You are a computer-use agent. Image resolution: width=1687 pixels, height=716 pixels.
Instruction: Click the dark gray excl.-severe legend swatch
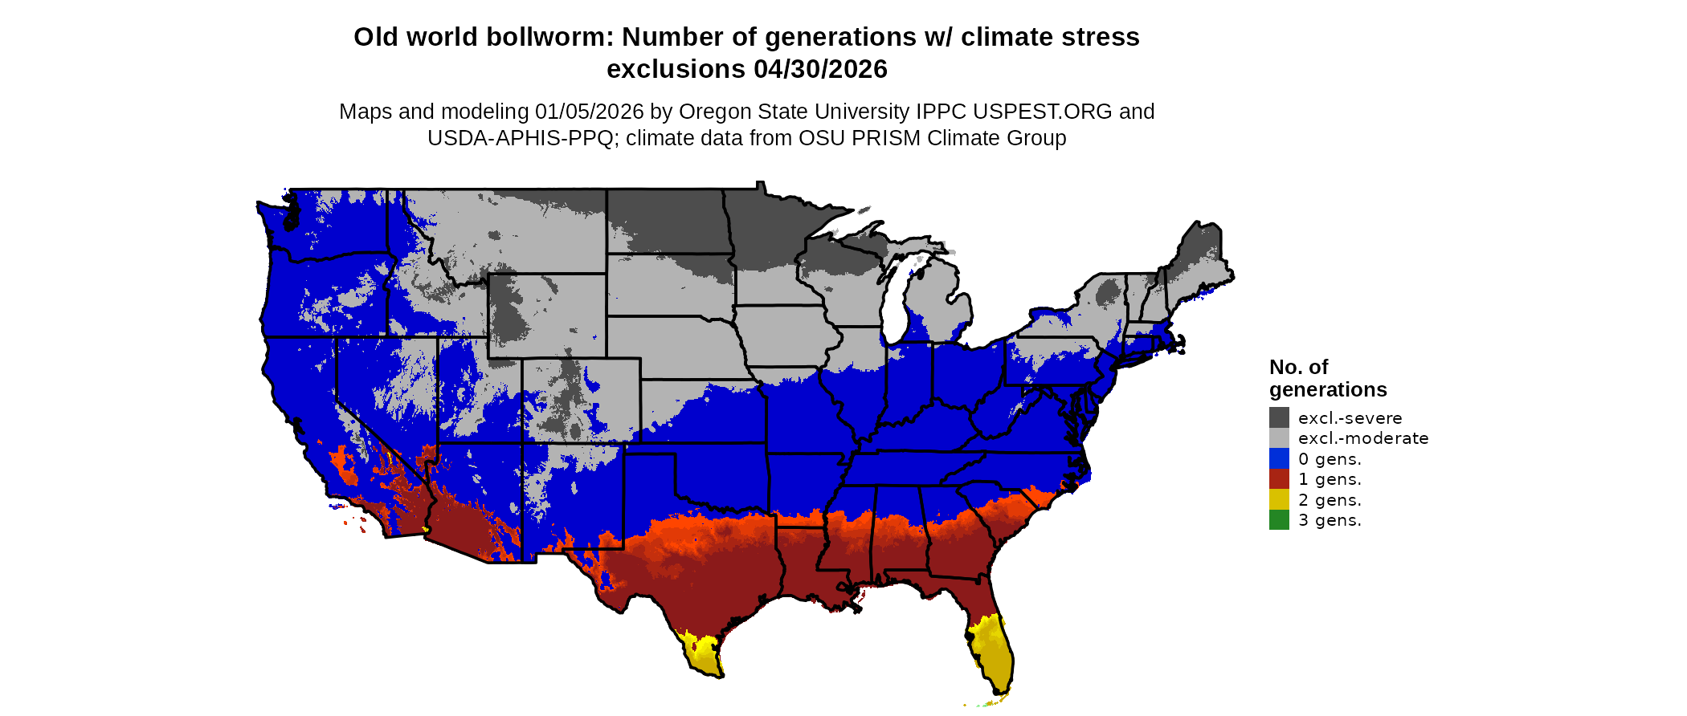pyautogui.click(x=1279, y=417)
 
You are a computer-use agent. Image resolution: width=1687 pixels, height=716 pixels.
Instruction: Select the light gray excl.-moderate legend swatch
pyautogui.click(x=1279, y=438)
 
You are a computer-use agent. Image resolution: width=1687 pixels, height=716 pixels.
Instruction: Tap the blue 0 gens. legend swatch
pyautogui.click(x=1279, y=458)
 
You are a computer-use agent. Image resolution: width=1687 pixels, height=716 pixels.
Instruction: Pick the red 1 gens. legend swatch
pyautogui.click(x=1279, y=479)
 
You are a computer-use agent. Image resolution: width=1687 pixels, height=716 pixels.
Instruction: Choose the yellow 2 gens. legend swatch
pyautogui.click(x=1279, y=499)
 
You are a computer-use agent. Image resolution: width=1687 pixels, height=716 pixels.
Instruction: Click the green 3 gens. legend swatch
pyautogui.click(x=1279, y=520)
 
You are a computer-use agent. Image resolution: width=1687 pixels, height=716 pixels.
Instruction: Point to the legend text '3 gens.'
pyautogui.click(x=1330, y=520)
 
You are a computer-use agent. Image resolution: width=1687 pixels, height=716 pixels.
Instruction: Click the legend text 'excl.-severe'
pyautogui.click(x=1350, y=418)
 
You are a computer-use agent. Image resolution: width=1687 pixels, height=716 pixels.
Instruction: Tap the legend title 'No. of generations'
pyautogui.click(x=1327, y=378)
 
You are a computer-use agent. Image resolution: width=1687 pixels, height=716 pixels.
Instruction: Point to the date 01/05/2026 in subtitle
pyautogui.click(x=590, y=112)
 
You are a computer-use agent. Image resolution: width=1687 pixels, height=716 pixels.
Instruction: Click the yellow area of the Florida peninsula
pyautogui.click(x=993, y=650)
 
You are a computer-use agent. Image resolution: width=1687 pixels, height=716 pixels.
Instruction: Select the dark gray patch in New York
pyautogui.click(x=1109, y=293)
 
